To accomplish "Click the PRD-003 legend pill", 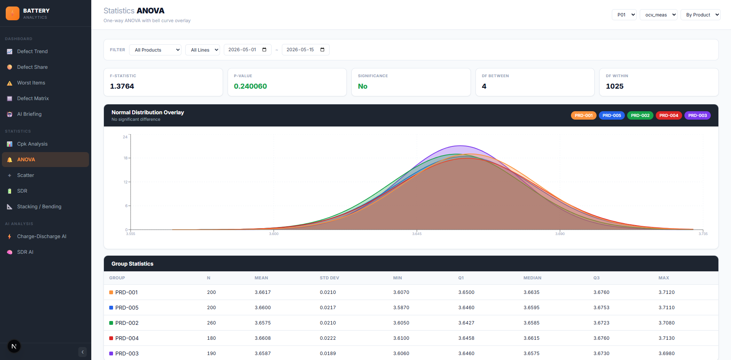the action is [x=697, y=115].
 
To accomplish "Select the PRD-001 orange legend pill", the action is [x=584, y=115].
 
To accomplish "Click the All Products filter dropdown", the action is [x=155, y=50].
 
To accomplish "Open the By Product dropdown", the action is [x=700, y=15].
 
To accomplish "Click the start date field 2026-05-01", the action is [x=247, y=50].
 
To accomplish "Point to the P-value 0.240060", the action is [x=251, y=86].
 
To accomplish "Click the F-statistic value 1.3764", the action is [x=122, y=86].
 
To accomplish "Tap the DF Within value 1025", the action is [x=615, y=86].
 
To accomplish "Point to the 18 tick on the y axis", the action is [x=125, y=158].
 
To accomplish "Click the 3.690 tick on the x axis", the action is [x=560, y=234].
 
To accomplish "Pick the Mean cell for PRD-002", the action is [x=263, y=323].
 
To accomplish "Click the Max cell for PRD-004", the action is [x=666, y=338].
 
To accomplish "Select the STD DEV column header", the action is [x=329, y=278].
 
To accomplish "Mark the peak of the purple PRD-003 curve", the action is [x=461, y=146].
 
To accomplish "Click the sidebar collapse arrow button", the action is [x=82, y=352].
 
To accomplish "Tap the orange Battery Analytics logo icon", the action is [x=13, y=13].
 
